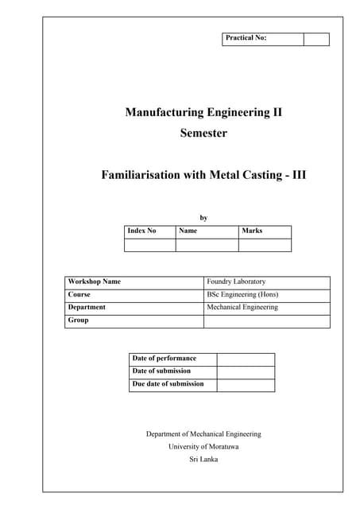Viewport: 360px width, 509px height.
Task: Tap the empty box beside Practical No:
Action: (316, 39)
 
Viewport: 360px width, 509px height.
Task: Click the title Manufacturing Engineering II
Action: (203, 112)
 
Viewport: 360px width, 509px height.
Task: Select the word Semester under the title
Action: (203, 134)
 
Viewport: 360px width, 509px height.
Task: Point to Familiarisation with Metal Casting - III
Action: (203, 174)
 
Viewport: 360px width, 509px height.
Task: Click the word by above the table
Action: (203, 216)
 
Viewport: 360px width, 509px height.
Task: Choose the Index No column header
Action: (142, 231)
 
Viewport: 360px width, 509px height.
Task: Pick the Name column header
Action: (188, 231)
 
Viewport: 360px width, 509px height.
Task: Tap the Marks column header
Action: (252, 231)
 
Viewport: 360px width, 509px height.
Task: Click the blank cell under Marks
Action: (265, 245)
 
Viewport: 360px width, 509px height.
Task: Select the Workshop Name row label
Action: (95, 282)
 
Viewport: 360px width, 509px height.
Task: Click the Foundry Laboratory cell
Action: (236, 282)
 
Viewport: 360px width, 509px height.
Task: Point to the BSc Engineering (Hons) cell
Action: (242, 294)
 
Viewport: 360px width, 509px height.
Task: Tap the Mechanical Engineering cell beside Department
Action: (242, 307)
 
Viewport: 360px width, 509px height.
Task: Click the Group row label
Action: (79, 321)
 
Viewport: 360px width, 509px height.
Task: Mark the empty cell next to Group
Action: (266, 321)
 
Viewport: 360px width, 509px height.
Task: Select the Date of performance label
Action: (164, 359)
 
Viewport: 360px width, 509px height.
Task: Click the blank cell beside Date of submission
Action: (246, 371)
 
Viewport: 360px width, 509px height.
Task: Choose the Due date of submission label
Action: (168, 384)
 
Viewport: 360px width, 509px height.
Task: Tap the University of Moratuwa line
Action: (203, 447)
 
